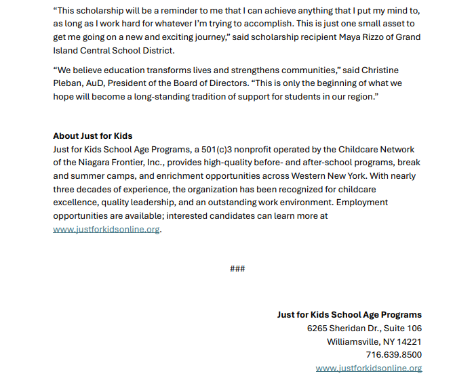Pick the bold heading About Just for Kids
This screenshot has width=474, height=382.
[93, 136]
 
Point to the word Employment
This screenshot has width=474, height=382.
[363, 202]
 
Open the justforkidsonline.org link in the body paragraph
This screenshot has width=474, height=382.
[106, 229]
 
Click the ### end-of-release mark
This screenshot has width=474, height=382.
[237, 269]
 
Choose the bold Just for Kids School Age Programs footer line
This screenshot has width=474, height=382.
[349, 315]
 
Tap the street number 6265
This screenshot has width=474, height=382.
[319, 328]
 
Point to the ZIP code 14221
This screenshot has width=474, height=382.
[409, 341]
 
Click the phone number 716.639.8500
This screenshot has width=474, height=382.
[393, 355]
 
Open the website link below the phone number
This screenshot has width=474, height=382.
[369, 368]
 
